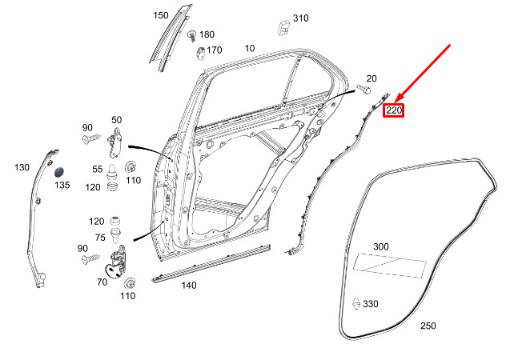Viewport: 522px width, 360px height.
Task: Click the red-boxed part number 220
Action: pyautogui.click(x=393, y=110)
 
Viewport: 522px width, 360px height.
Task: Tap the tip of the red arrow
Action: pyautogui.click(x=395, y=102)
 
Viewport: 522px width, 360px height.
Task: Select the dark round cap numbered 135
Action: pyautogui.click(x=59, y=172)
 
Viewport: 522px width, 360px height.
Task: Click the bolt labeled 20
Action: pyautogui.click(x=363, y=89)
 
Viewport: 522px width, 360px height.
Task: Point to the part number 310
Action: pyautogui.click(x=300, y=18)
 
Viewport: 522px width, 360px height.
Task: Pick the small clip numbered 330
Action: pyautogui.click(x=356, y=303)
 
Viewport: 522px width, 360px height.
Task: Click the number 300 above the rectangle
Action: pyautogui.click(x=381, y=246)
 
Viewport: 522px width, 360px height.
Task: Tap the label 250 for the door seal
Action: pyautogui.click(x=428, y=326)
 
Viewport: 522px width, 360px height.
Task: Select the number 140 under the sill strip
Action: pyautogui.click(x=189, y=285)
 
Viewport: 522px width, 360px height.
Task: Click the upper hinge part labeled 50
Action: pyautogui.click(x=114, y=142)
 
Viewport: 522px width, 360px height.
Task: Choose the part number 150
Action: pyautogui.click(x=161, y=15)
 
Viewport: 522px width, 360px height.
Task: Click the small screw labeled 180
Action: pyautogui.click(x=192, y=36)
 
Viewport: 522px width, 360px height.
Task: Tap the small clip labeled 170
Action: pyautogui.click(x=201, y=54)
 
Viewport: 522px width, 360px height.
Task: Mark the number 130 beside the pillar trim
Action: pyautogui.click(x=22, y=167)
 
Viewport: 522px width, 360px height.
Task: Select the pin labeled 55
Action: pyautogui.click(x=111, y=172)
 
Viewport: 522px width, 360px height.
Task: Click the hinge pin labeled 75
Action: pyautogui.click(x=115, y=235)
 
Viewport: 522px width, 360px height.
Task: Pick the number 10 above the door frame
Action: pyautogui.click(x=250, y=48)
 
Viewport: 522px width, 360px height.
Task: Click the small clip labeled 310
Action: pyautogui.click(x=283, y=27)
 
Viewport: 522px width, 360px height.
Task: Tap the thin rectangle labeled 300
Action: pyautogui.click(x=390, y=266)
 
